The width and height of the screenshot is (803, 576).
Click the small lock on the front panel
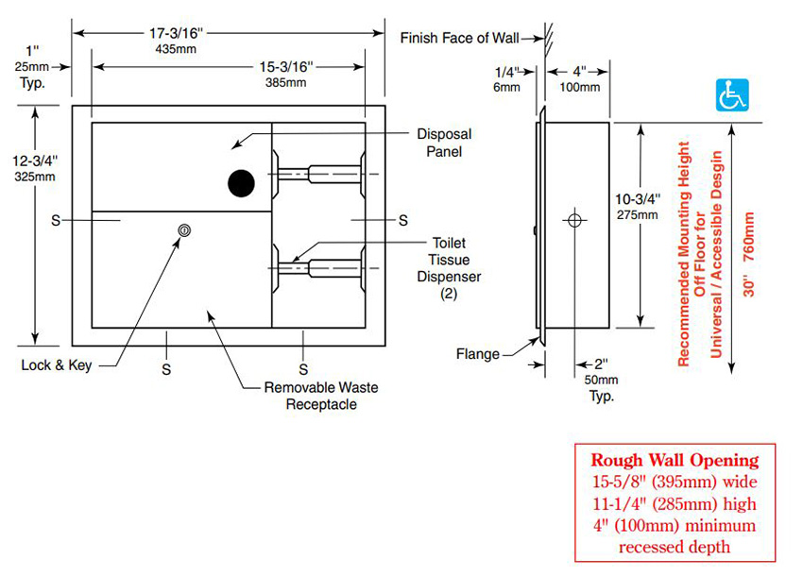click(185, 229)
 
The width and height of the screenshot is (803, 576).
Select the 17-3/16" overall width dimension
click(175, 41)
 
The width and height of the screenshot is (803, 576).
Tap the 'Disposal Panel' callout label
click(443, 143)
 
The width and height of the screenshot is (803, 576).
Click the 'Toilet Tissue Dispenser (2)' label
click(449, 268)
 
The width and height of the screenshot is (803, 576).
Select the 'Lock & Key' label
click(57, 365)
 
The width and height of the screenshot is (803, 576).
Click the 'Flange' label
click(476, 354)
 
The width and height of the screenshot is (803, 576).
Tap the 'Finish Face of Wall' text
click(460, 39)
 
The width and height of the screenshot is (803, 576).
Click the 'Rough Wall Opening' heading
click(675, 461)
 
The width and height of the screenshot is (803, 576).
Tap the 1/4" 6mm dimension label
click(506, 78)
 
